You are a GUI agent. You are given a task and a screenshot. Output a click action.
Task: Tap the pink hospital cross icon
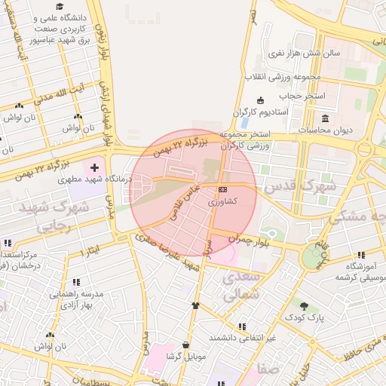click(x=94, y=167)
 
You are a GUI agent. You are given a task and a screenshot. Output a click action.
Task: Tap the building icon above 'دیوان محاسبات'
click(x=325, y=119)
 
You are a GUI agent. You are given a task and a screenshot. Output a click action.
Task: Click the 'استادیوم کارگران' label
click(x=261, y=112)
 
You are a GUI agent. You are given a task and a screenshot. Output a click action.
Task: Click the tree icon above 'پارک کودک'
click(x=304, y=306)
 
